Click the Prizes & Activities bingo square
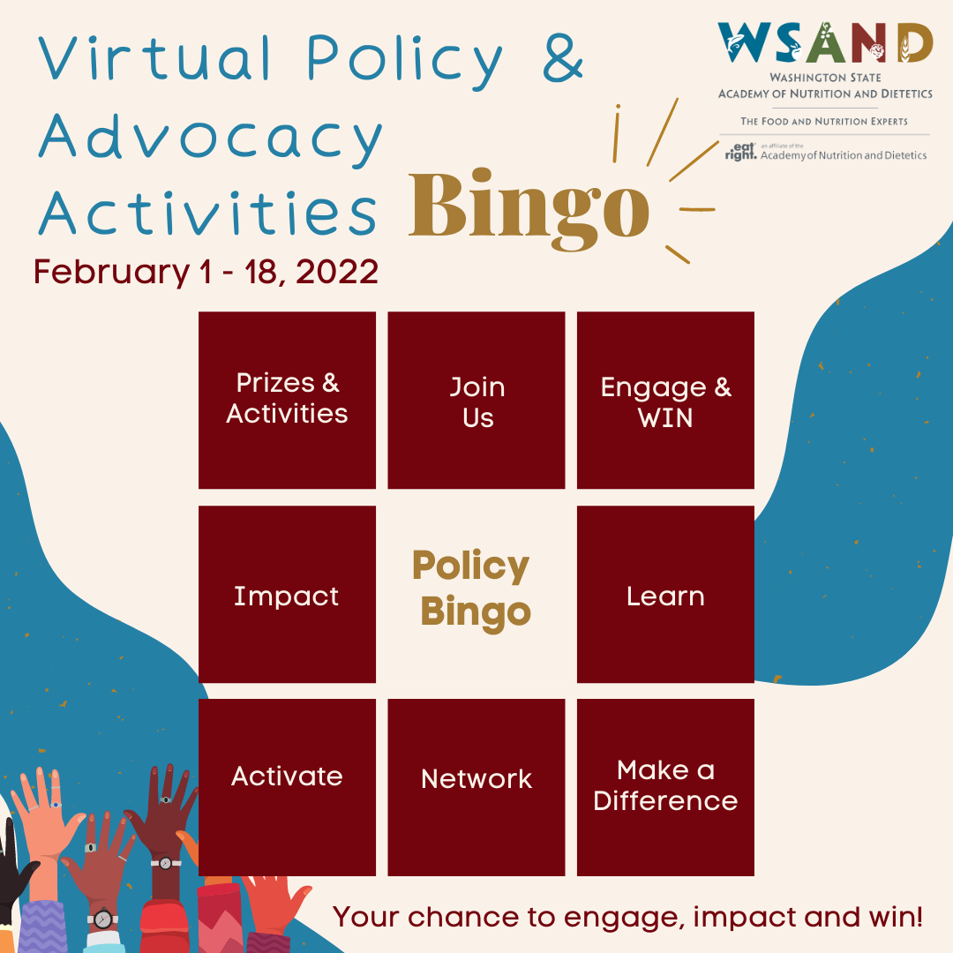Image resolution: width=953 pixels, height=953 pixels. coord(287,400)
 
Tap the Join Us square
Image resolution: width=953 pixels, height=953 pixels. coord(476,400)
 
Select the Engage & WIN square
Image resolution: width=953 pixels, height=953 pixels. coord(665,400)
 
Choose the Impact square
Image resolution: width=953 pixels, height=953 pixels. coord(287,594)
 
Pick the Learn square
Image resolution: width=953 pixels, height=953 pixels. coord(665,594)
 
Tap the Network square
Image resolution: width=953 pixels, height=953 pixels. coord(476,787)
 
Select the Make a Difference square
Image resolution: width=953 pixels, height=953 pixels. coord(665,787)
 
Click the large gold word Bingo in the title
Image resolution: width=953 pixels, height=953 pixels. coord(529,208)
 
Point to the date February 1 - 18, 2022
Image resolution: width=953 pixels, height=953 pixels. coord(206,271)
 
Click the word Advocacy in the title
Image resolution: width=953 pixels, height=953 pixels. coord(210,138)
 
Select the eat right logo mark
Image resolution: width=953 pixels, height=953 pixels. coord(741,152)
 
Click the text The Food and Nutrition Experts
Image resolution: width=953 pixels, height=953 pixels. coord(823,121)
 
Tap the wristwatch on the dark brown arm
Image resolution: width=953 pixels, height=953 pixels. coord(165,862)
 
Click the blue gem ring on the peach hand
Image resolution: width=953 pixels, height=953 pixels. coord(56,805)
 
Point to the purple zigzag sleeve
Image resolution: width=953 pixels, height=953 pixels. coord(42,926)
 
